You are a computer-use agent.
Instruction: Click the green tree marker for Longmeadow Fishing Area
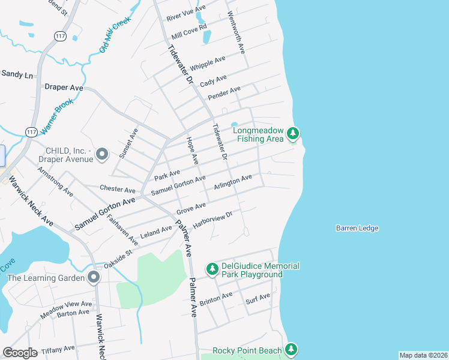click(293, 133)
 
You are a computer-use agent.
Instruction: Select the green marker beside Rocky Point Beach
click(291, 349)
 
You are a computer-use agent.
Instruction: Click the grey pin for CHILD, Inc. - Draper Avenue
click(102, 155)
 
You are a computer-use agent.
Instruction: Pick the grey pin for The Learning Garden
click(93, 277)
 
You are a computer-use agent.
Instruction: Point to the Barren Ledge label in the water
click(357, 228)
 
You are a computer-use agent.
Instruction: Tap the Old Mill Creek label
click(115, 34)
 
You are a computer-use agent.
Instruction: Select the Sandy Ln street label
click(17, 74)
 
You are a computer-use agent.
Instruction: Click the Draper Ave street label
click(64, 87)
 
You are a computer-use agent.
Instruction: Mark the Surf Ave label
click(258, 298)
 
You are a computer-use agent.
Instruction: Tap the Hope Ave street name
click(192, 150)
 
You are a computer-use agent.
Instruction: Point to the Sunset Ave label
click(128, 143)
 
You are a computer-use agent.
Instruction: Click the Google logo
click(20, 353)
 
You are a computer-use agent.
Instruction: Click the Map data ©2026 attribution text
click(423, 355)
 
